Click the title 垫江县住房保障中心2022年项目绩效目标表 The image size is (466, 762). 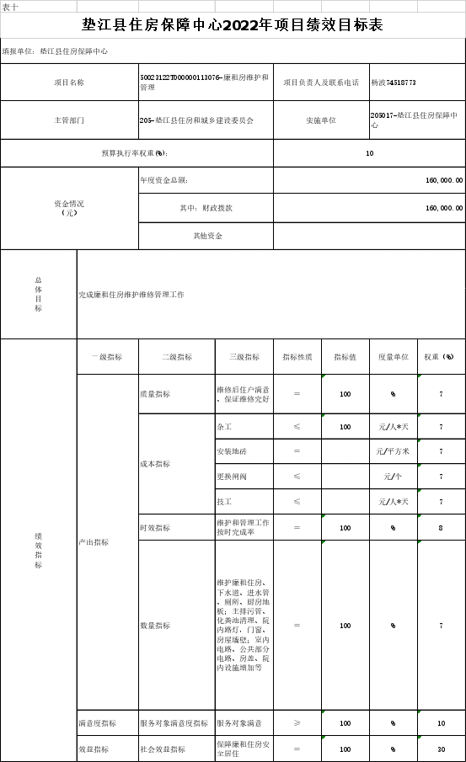[x=233, y=24]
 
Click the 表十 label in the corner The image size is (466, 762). [x=10, y=8]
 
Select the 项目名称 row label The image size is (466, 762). [x=69, y=83]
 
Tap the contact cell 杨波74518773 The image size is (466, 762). [x=394, y=83]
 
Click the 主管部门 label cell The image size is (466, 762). [x=69, y=120]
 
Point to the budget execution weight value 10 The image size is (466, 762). [x=370, y=153]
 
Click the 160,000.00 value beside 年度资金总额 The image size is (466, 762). [x=444, y=180]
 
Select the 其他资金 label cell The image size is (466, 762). [x=207, y=236]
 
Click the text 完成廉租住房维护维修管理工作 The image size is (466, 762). [x=131, y=295]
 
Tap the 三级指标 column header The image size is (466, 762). [x=244, y=357]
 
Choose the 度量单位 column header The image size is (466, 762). [x=394, y=357]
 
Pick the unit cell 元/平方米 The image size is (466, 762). [x=393, y=451]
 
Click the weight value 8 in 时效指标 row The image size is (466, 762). [x=441, y=528]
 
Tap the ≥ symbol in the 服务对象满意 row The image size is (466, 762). [x=297, y=723]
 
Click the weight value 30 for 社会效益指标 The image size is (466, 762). [x=442, y=749]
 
